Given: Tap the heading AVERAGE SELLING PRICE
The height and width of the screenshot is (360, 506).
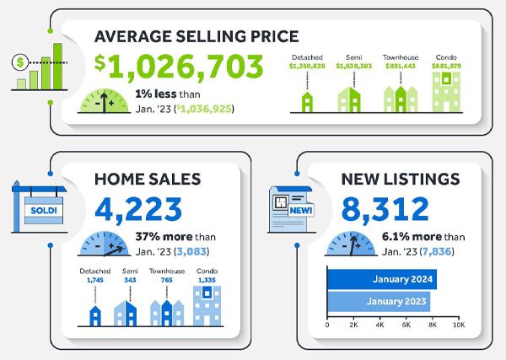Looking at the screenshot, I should click(196, 37).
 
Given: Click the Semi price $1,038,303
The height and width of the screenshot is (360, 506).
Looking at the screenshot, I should click(353, 64).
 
